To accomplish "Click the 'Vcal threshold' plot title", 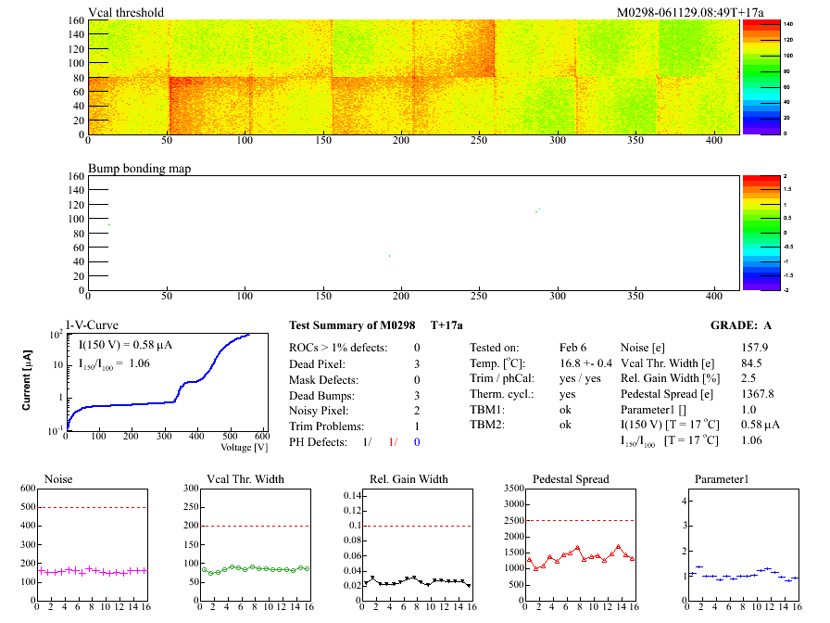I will point(126,13).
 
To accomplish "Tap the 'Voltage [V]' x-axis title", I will point(245,448).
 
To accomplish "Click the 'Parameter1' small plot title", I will point(721,479).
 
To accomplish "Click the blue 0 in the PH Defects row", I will point(417,442).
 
